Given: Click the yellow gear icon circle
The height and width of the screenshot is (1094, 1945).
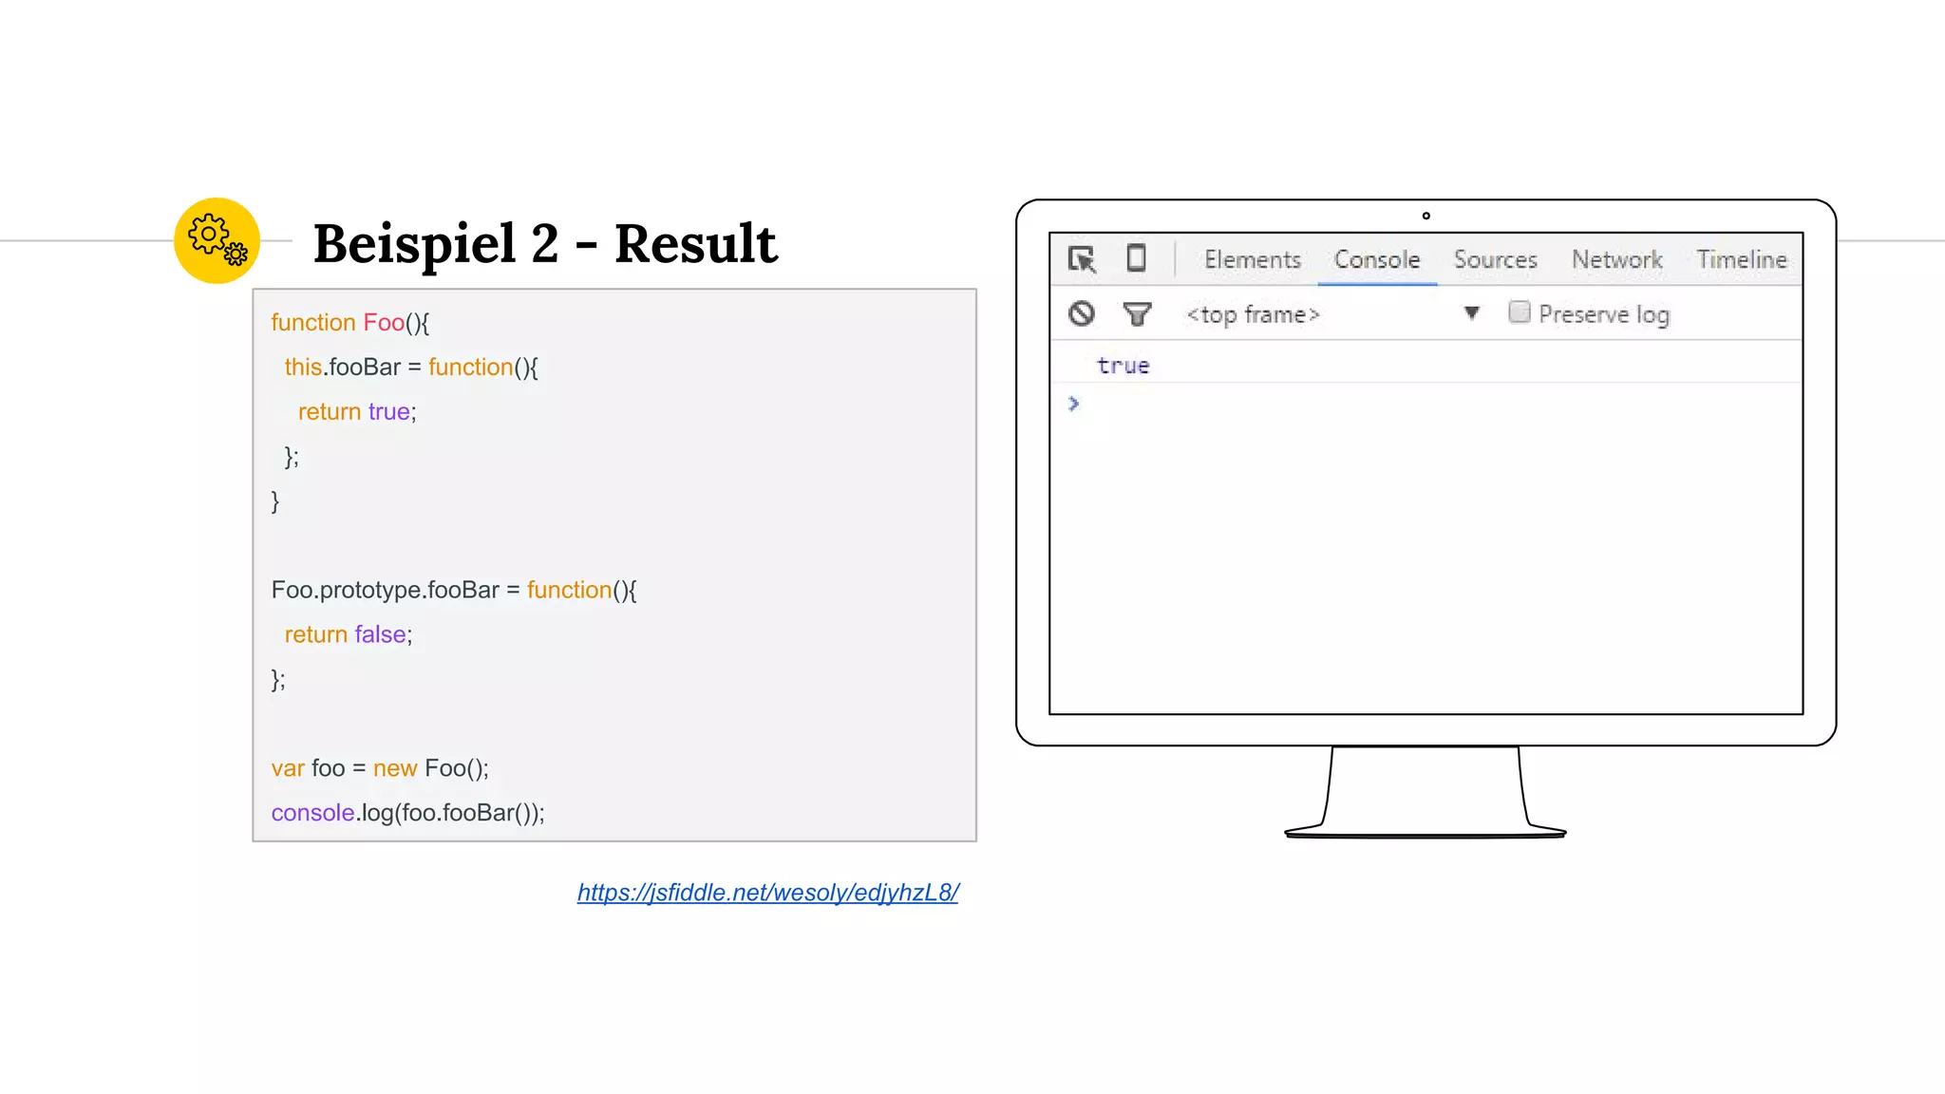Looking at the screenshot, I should (217, 240).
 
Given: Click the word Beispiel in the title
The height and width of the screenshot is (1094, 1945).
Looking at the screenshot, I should (415, 243).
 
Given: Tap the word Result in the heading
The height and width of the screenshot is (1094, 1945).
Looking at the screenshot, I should (695, 243).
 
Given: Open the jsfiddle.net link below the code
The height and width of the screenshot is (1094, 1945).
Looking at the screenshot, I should (767, 893).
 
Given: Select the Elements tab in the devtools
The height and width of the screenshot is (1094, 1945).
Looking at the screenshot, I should (1252, 259).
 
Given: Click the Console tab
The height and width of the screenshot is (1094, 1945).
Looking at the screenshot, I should (1376, 259).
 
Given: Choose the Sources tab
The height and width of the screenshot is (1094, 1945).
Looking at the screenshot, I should (1495, 259).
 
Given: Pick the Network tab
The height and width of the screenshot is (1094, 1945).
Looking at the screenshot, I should (1616, 259).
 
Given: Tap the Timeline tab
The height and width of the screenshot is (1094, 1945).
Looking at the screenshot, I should (1741, 259).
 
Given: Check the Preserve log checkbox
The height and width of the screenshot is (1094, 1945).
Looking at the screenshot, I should (1520, 312).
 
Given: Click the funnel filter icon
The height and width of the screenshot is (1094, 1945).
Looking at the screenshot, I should (1137, 313).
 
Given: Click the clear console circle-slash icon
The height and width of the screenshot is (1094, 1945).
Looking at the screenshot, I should (1082, 313).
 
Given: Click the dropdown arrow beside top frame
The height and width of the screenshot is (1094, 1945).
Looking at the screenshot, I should (1471, 312).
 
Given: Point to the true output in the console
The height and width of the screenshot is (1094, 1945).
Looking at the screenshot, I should (1123, 366).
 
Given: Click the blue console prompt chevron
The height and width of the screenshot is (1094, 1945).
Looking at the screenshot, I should (1073, 404).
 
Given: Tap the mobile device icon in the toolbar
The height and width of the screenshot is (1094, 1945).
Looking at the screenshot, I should (1136, 258).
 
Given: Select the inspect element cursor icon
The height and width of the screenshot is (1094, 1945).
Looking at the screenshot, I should (1082, 259).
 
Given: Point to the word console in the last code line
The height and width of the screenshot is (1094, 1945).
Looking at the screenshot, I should (312, 813).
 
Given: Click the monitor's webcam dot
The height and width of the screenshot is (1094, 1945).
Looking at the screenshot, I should (1426, 216).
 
